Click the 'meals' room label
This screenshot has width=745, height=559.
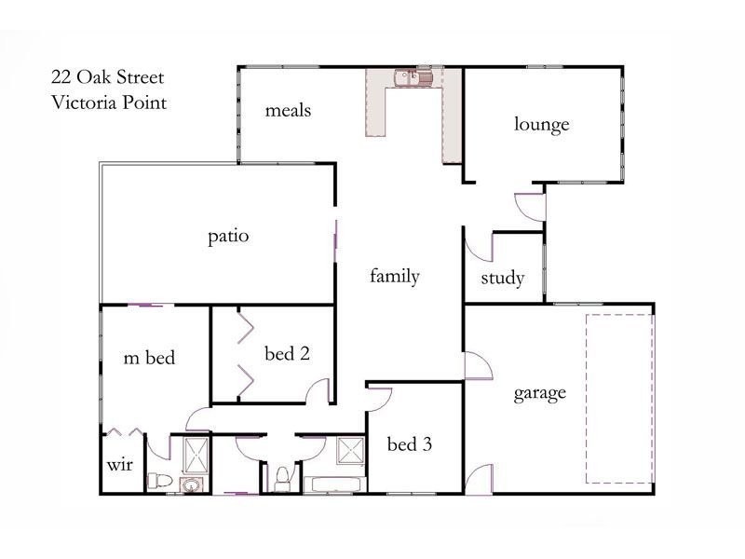coord(288,111)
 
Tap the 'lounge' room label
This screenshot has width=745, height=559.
coord(541,124)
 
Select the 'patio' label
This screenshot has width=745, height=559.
coord(228,237)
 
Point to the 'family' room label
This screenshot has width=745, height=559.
coord(395,276)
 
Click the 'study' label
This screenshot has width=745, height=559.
coord(503,279)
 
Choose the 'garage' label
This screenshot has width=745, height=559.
coord(540,392)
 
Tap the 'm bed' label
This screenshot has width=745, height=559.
coord(150,357)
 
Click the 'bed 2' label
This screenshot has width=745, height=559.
coord(287,353)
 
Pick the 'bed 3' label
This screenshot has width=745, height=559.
coord(410,444)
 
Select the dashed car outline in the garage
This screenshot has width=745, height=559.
coord(619,398)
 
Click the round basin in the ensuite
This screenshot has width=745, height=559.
coord(191,484)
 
